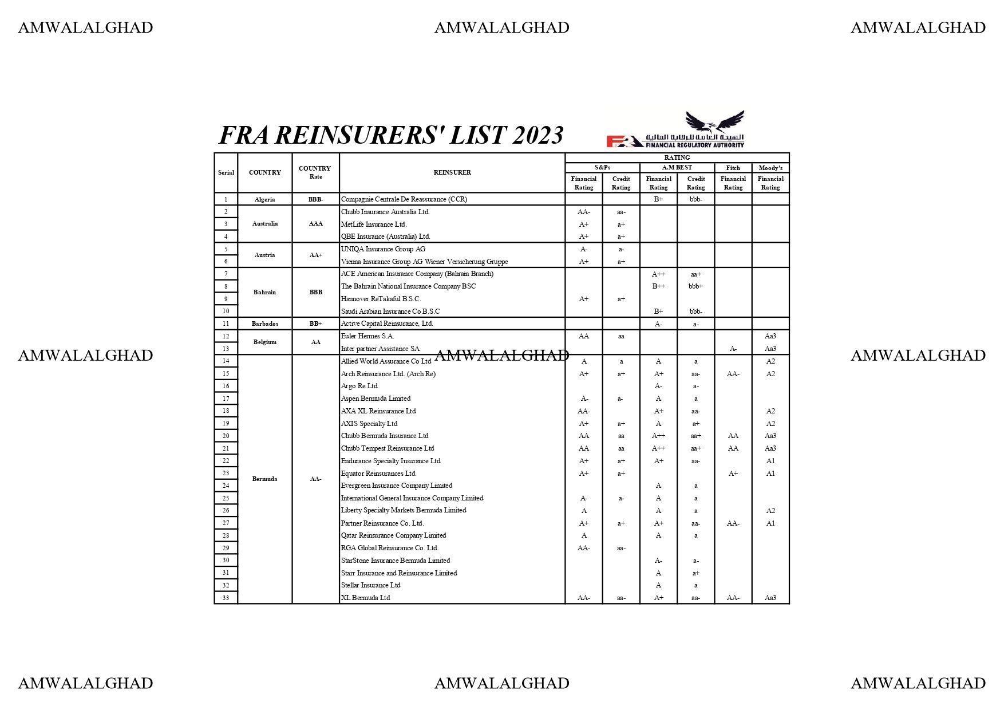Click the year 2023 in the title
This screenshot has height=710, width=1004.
pos(537,136)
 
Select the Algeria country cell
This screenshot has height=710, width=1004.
pos(264,199)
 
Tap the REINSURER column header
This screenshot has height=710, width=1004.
pos(452,172)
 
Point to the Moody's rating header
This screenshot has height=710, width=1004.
pos(770,168)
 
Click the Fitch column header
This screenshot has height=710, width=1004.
pos(733,168)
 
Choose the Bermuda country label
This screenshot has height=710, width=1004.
pos(264,479)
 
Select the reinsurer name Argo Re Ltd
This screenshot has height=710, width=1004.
pos(359,386)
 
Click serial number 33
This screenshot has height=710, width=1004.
pos(226,598)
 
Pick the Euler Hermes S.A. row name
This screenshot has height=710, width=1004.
pos(367,336)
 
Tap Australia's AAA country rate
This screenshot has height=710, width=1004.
pos(315,224)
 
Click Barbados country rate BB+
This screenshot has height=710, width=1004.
pos(315,324)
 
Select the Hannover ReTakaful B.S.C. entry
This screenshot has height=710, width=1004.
pos(381,299)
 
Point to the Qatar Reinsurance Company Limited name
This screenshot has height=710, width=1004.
pos(393,535)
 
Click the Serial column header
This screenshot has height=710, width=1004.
pos(226,172)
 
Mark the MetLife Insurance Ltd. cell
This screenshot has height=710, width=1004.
pos(374,224)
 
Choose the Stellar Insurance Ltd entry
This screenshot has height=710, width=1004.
pos(370,585)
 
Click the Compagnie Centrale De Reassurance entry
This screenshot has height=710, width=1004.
pos(404,199)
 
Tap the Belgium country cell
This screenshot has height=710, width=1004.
pos(264,342)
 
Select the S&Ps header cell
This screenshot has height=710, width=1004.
pos(602,167)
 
